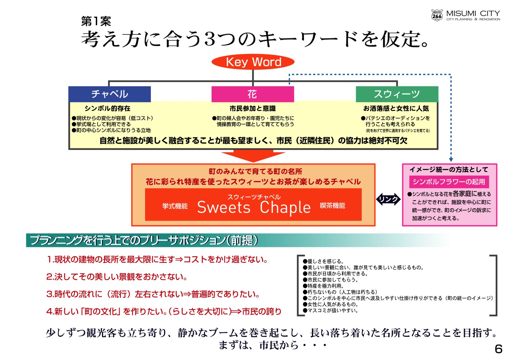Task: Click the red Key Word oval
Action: coord(253,62)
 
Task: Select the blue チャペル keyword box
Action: coord(109,94)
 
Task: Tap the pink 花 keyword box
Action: coord(253,94)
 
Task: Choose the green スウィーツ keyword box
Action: coord(397,94)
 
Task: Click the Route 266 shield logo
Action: coord(437,16)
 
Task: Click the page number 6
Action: coord(499,349)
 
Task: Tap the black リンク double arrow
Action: coord(388,199)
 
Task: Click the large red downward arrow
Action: coord(253,156)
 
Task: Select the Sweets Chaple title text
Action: coord(254,207)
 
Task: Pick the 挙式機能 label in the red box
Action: coord(175,206)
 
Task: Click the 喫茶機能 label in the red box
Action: coord(332,205)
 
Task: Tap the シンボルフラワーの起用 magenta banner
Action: coord(449,182)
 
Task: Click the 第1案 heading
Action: coord(96,21)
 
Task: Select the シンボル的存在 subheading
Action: coord(108,108)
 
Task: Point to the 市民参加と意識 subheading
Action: coord(253,108)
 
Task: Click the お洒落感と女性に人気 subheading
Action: coord(396,108)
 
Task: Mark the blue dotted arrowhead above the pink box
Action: coord(451,159)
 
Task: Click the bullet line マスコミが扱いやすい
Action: coord(331,310)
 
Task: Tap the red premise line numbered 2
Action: coord(117,277)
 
